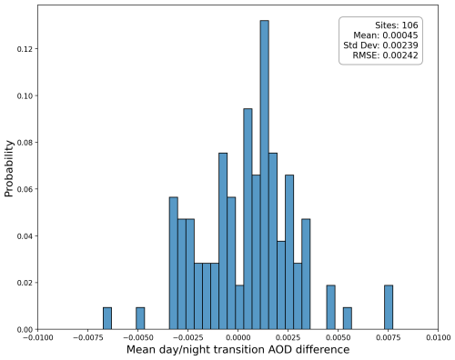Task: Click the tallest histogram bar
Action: (265, 175)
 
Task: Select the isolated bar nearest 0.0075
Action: (389, 307)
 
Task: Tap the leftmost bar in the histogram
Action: (107, 318)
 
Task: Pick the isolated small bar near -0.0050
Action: (140, 318)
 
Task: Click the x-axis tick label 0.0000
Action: (238, 337)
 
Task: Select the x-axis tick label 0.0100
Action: (438, 337)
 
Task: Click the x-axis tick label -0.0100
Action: (37, 337)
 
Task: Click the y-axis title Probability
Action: (9, 168)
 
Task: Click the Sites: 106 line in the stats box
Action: (397, 25)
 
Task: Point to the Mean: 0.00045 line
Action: (386, 35)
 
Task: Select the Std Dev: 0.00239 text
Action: (380, 45)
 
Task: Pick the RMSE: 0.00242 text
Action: (385, 55)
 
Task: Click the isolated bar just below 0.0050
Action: (331, 307)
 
